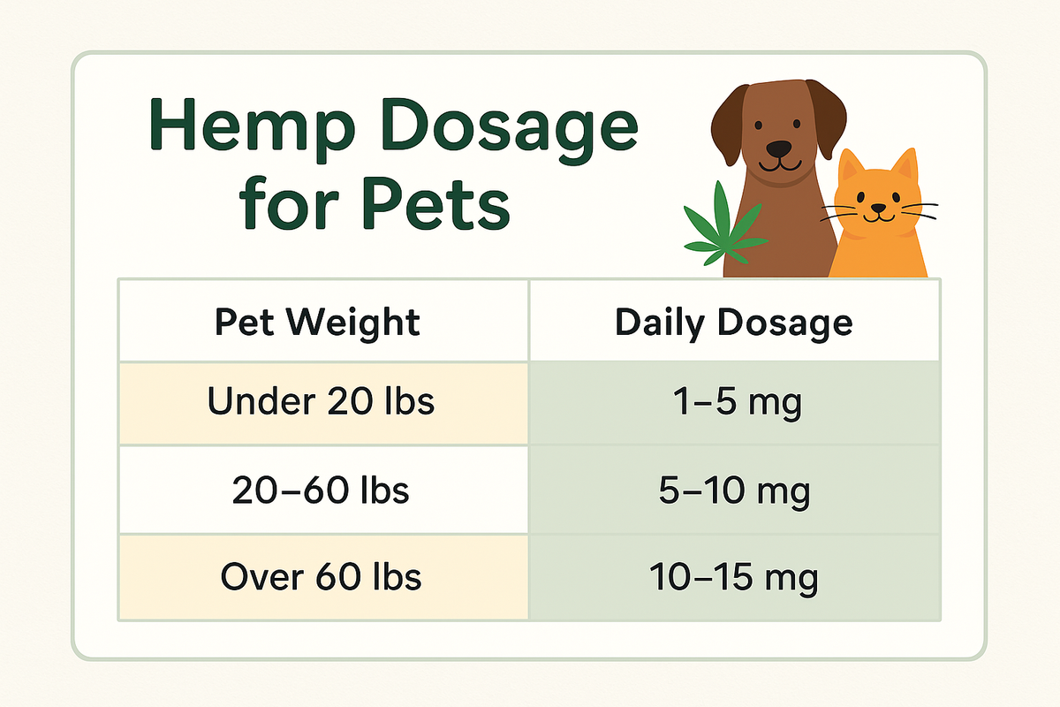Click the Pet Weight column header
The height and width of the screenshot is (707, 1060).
(x=317, y=323)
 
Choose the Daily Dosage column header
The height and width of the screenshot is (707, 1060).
(x=733, y=323)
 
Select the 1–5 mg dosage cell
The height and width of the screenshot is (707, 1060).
(x=733, y=403)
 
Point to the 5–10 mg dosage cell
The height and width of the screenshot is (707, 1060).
(x=733, y=490)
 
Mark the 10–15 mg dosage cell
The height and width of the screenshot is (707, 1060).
(x=733, y=578)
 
